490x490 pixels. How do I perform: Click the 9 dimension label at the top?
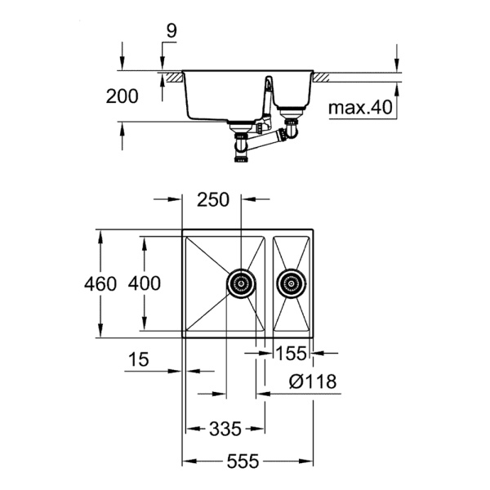point(170,31)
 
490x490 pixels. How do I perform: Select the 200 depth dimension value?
point(122,96)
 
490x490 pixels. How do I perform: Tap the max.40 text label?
point(359,107)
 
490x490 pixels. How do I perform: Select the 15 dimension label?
point(139,359)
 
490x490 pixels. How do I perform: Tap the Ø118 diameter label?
point(313,381)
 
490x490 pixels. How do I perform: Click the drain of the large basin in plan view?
point(239,283)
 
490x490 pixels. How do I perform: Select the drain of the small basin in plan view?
point(290,283)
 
